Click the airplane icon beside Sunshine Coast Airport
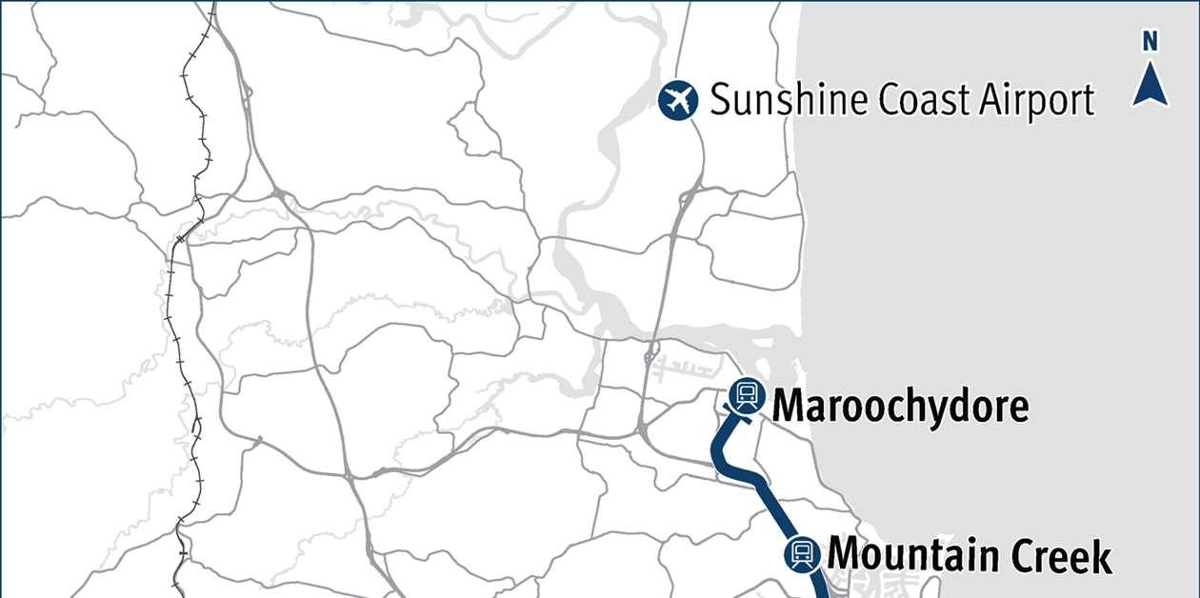click(x=678, y=100)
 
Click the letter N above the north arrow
click(x=1150, y=41)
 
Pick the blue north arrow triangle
click(x=1150, y=84)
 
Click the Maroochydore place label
click(x=900, y=407)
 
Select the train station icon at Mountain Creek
click(x=801, y=552)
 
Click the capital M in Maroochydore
click(x=789, y=406)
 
